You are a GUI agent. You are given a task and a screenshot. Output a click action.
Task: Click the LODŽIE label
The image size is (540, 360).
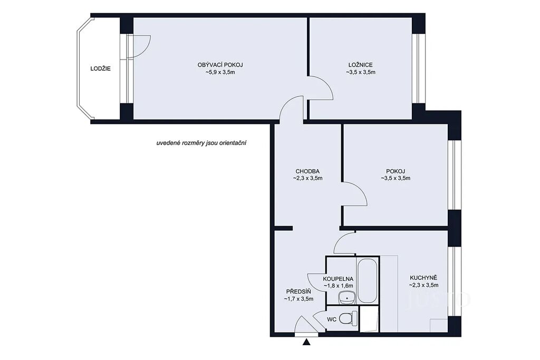(x=101, y=69)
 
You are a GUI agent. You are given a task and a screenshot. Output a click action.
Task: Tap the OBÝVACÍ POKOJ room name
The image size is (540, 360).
(x=220, y=65)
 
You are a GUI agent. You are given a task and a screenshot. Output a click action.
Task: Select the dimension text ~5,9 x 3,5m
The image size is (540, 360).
(x=220, y=72)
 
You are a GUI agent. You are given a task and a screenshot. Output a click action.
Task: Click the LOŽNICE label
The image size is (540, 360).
(x=361, y=65)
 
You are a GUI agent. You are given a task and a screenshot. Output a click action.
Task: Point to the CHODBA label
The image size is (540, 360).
(x=307, y=171)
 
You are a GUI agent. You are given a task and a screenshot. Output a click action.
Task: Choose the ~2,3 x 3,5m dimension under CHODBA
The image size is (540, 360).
(x=307, y=178)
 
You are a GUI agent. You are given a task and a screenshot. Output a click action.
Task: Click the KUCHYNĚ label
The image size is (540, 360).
(x=423, y=278)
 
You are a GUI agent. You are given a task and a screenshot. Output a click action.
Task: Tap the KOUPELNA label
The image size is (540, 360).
(x=338, y=279)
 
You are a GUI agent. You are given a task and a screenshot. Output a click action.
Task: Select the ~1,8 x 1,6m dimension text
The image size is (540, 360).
(x=338, y=286)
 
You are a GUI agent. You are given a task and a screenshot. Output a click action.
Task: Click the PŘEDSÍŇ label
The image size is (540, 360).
(x=298, y=291)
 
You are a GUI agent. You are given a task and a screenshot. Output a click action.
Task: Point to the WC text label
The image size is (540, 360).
(x=332, y=319)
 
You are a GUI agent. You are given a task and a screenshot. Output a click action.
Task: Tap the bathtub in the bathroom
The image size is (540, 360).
(x=368, y=280)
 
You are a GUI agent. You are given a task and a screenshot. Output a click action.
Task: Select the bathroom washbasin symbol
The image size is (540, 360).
(x=346, y=298)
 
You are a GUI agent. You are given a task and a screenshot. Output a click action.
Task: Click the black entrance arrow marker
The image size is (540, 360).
(x=307, y=342)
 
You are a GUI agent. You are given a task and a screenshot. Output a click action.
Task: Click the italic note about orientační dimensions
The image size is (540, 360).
(x=201, y=143)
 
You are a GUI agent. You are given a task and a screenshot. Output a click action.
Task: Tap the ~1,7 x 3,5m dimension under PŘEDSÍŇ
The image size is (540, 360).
(x=298, y=299)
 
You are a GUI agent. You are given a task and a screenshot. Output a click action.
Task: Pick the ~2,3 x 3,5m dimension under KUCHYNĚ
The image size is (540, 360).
(x=423, y=285)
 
